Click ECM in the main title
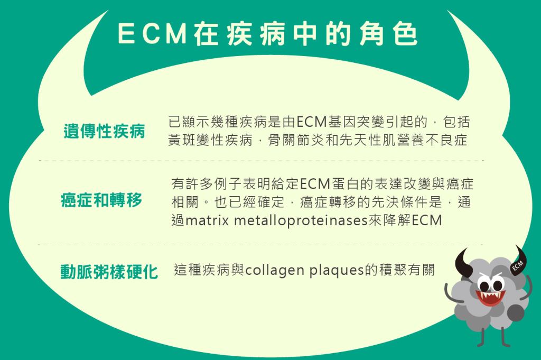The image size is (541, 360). [152, 34]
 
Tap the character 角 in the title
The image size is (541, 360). [371, 34]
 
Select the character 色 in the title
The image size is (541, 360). [405, 34]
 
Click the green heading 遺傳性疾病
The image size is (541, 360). [104, 131]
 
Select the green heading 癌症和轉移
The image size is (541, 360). [101, 200]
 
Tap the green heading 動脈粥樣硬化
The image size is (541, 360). [109, 272]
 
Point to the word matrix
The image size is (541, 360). [207, 220]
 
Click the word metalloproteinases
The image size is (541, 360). [301, 220]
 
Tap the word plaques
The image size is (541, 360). [337, 271]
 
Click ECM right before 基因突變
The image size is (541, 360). [311, 122]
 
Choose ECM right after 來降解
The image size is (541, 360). [427, 220]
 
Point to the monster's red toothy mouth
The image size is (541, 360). [490, 298]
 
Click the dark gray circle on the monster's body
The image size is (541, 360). [516, 313]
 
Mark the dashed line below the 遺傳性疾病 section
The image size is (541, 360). [261, 161]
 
